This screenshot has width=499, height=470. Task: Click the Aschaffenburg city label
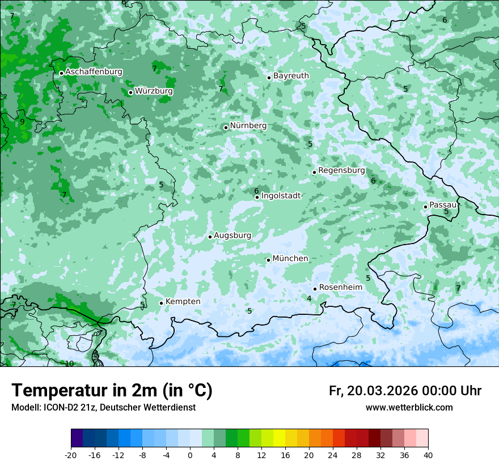[x=94, y=72]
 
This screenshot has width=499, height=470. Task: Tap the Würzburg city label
[x=154, y=91]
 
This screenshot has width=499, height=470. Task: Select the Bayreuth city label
[x=291, y=76]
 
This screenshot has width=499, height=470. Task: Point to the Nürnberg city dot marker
[x=226, y=127]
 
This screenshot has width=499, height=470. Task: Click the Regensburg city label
[x=341, y=170]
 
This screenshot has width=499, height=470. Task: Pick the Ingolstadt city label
[x=281, y=196]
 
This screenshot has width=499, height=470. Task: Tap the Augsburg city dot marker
[x=210, y=237]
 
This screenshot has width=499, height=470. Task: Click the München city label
[x=290, y=259]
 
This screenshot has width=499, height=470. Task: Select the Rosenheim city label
[x=340, y=288]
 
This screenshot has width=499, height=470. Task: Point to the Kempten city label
[x=183, y=302]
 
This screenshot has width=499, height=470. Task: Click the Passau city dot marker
[x=425, y=207]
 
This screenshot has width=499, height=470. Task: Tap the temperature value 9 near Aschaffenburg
[x=22, y=122]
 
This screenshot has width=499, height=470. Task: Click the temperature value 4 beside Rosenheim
[x=309, y=298]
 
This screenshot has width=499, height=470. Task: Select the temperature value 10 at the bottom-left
[x=69, y=364]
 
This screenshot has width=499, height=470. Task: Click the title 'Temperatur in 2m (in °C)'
[x=112, y=391]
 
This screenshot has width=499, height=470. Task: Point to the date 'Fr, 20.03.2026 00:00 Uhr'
[x=405, y=391]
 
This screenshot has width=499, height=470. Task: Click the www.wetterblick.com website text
[x=409, y=407]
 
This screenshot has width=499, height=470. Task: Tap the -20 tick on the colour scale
[x=71, y=455]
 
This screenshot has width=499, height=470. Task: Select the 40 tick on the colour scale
[x=428, y=455]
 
